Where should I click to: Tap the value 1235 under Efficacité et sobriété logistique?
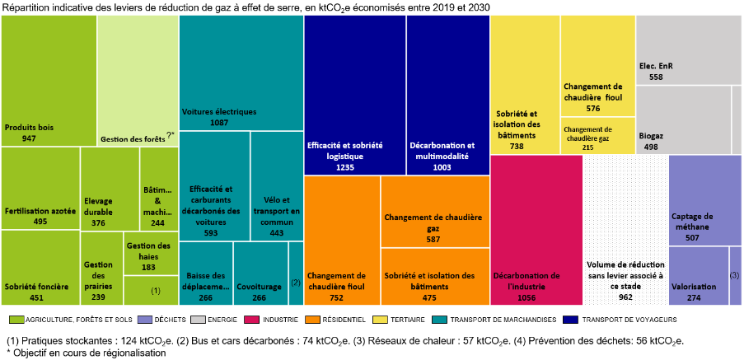tap(344, 167)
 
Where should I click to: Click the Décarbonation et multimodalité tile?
tap(447, 95)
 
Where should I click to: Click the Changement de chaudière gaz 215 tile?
tap(597, 136)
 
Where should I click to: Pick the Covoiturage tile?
tap(260, 273)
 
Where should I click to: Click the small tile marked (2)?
tap(296, 273)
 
